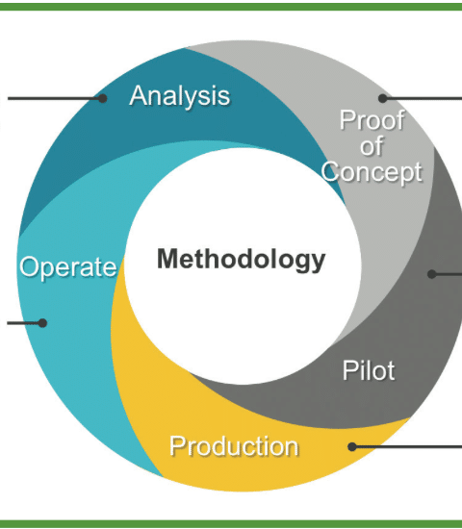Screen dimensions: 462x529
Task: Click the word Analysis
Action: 180,96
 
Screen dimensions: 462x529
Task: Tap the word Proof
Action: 372,120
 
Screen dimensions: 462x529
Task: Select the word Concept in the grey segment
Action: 372,172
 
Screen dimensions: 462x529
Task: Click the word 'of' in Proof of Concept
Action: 372,146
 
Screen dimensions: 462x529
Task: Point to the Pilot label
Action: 369,370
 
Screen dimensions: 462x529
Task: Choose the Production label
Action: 234,446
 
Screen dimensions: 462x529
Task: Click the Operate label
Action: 68,266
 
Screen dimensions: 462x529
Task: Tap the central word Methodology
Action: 242,259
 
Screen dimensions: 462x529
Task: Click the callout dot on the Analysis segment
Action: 103,98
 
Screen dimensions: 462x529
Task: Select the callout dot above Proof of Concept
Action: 382,98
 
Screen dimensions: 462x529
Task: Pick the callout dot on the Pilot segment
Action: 431,274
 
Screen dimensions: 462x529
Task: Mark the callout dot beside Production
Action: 352,446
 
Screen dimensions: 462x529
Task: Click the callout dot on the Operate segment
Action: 42,323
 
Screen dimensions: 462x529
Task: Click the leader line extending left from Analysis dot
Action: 55,98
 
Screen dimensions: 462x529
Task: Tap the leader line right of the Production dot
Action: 407,446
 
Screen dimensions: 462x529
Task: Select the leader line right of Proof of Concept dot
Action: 423,98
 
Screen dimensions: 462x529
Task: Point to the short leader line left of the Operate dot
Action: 25,323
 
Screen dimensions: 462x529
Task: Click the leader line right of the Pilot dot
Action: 447,274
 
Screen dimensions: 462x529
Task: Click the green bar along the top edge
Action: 231,7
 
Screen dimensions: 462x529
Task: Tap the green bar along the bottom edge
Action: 231,524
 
